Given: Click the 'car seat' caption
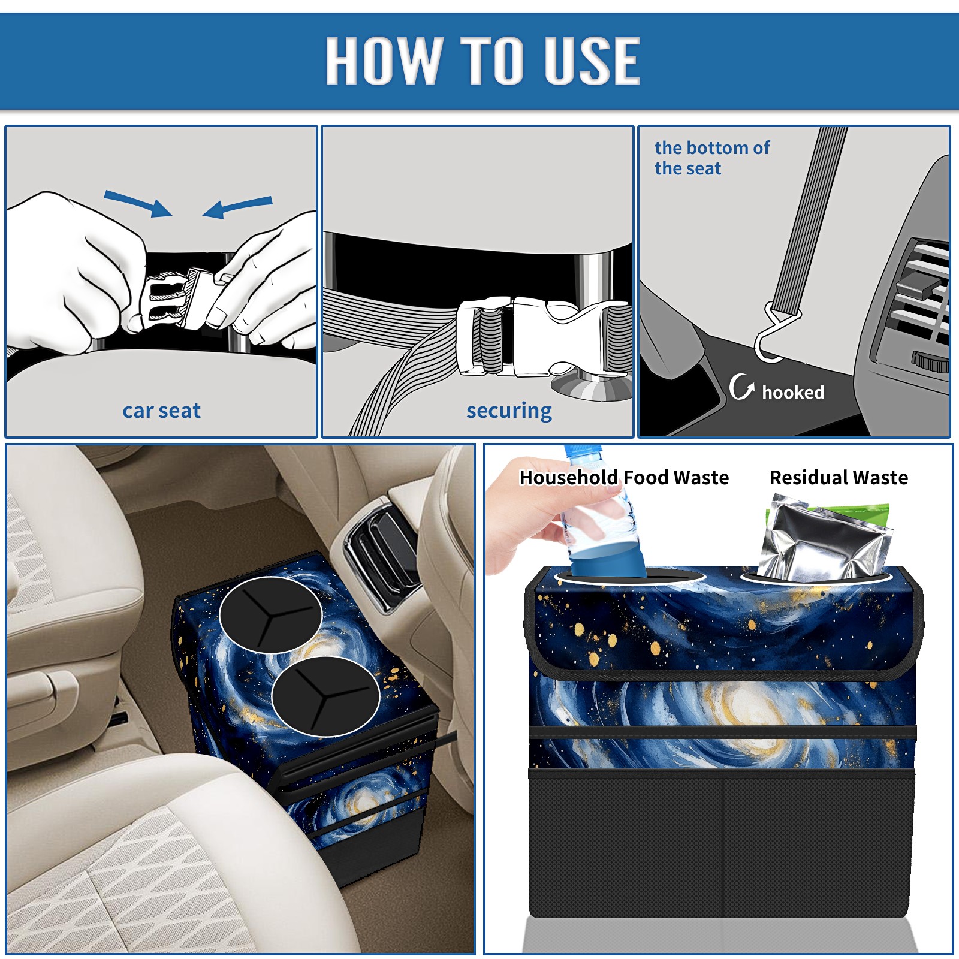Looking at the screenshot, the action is click(161, 411).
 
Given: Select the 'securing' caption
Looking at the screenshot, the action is click(509, 411).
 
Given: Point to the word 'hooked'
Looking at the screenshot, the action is click(793, 392).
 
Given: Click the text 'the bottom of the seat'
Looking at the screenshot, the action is click(711, 158).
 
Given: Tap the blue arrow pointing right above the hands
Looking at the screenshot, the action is click(138, 203).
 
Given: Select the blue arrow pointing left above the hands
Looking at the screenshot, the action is click(238, 207).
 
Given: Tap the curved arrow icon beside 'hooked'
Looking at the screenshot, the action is click(741, 387).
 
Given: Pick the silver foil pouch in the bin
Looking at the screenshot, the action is click(824, 539).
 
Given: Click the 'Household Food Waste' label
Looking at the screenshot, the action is click(624, 477).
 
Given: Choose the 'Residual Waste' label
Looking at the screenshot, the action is click(839, 477).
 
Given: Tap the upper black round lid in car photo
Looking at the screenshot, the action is click(271, 615).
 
